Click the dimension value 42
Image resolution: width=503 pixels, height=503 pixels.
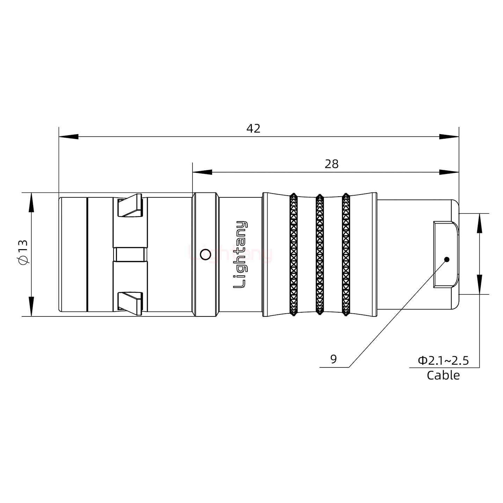click(253, 129)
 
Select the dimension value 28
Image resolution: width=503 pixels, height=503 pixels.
click(331, 164)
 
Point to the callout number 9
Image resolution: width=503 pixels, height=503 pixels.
click(333, 359)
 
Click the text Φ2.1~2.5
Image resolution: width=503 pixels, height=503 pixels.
click(443, 360)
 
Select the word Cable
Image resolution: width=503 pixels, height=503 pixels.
click(443, 375)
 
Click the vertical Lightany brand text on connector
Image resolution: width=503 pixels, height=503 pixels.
click(240, 255)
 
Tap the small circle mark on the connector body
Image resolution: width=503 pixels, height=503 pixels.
click(205, 255)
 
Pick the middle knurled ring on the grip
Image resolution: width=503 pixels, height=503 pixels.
click(320, 254)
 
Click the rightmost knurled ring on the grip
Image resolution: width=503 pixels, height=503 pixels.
click(346, 254)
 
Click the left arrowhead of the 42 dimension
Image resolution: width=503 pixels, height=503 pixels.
click(68, 137)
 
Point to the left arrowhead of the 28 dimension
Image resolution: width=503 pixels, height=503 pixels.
click(202, 172)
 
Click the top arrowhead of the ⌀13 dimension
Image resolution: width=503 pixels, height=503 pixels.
click(31, 202)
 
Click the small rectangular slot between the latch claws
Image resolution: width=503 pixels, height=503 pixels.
click(130, 255)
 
